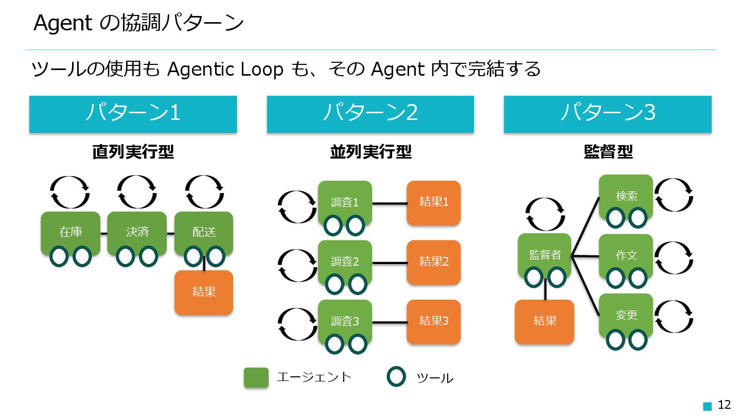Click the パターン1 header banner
point(133,114)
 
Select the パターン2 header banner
point(370,114)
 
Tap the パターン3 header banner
point(607,114)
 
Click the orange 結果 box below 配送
point(204,292)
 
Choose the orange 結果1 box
point(433,202)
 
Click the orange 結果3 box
point(433,321)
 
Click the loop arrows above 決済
point(137,192)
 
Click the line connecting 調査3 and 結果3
point(389,322)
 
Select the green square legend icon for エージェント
point(256,377)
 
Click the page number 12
point(724,405)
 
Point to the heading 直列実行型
point(133,152)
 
